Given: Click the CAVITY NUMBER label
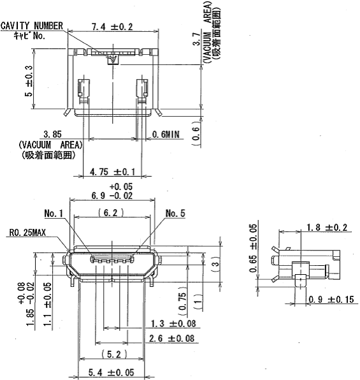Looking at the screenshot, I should pyautogui.click(x=32, y=26).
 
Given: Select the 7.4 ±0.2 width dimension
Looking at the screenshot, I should pyautogui.click(x=112, y=27).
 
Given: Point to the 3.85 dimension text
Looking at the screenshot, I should pyautogui.click(x=52, y=135).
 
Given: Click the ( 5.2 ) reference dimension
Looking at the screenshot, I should pyautogui.click(x=109, y=354).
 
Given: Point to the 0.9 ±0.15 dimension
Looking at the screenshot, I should pyautogui.click(x=329, y=299).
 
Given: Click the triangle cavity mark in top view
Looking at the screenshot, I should pyautogui.click(x=113, y=61).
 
